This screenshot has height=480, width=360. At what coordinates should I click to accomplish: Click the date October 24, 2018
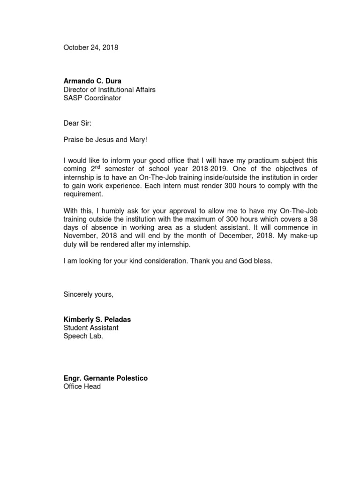pos(91,47)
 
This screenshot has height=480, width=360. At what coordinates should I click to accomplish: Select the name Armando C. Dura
pos(92,81)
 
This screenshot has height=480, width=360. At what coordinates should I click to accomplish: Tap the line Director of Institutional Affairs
pos(110,90)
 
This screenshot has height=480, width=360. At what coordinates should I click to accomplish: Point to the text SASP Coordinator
pos(92,98)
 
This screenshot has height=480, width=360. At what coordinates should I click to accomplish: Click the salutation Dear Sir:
pos(78,123)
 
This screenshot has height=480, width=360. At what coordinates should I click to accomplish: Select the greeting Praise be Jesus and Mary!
pos(105,140)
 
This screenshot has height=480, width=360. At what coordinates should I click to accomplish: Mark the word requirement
pos(82,195)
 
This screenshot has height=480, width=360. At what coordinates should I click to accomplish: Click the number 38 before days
pos(313,219)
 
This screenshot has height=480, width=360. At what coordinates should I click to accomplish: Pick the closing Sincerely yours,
pos(89,294)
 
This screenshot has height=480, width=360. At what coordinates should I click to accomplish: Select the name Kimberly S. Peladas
pos(97,319)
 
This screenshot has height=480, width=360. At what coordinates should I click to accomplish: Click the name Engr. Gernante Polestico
pos(105,378)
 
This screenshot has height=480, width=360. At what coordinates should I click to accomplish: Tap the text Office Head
pos(82,387)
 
